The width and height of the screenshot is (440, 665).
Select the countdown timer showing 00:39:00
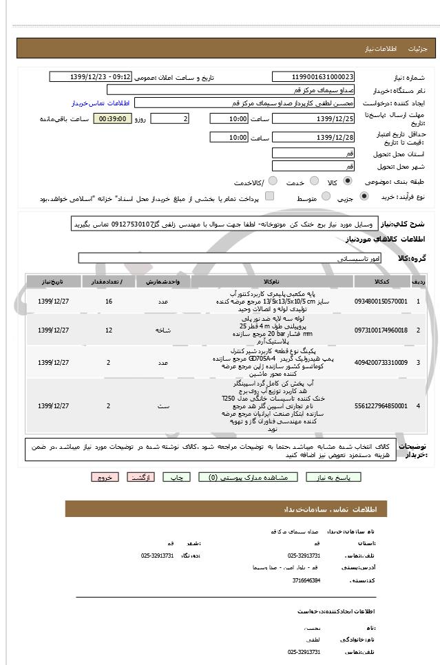(111, 119)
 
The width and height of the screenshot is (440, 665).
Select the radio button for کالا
(347, 182)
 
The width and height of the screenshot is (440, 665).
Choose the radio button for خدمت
(311, 182)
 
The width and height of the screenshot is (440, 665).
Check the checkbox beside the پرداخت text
(269, 197)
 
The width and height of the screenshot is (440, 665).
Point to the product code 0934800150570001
(381, 302)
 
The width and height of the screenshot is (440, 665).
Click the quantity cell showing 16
(109, 302)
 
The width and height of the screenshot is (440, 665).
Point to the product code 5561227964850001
(381, 405)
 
